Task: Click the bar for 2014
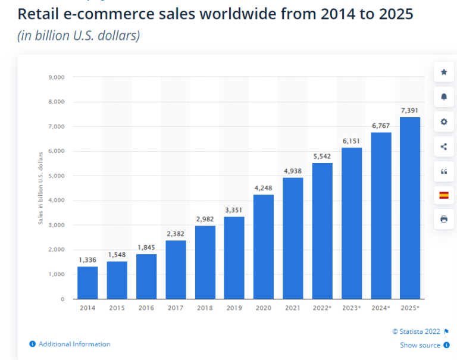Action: pos(87,283)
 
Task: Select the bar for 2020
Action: pos(264,246)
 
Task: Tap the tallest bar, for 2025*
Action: pos(410,208)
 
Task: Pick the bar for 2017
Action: pos(176,269)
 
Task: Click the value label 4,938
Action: pos(293,171)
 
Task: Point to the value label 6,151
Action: pos(351,140)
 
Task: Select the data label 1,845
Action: pos(146,248)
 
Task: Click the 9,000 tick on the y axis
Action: pos(56,77)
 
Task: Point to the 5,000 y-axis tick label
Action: pos(56,176)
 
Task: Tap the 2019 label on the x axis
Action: pos(234,308)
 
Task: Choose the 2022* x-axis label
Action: pos(323,308)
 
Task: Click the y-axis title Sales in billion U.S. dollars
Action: pos(41,188)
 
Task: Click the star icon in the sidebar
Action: pos(443,72)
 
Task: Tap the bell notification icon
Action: pos(443,97)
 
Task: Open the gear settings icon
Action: pos(443,121)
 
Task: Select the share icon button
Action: pos(443,146)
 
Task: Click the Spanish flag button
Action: pos(443,195)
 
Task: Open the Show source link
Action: pos(420,345)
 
